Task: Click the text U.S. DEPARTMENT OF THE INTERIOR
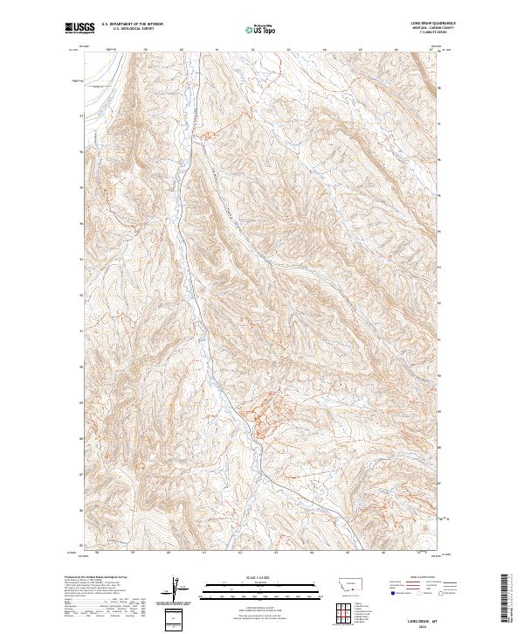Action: click(x=133, y=24)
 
